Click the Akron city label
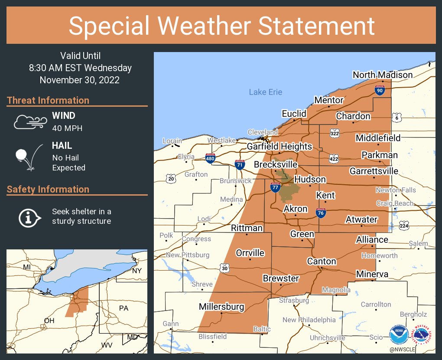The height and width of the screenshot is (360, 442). [295, 209]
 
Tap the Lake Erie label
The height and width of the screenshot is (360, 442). [265, 92]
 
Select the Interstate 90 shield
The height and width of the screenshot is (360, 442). [380, 90]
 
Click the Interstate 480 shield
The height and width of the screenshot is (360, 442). [211, 158]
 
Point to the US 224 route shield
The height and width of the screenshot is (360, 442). [404, 225]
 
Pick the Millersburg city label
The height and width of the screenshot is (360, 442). [221, 307]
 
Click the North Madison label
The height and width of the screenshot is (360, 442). [382, 75]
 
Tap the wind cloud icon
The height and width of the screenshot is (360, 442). [29, 122]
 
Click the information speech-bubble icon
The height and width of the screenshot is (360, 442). [29, 216]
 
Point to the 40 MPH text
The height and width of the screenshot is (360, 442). [67, 128]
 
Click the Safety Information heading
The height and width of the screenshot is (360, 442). [48, 189]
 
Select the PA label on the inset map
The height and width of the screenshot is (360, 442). [123, 308]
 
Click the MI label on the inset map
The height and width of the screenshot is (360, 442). [27, 267]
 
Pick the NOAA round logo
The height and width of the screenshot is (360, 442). [398, 335]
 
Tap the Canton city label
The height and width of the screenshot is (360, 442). [321, 261]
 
